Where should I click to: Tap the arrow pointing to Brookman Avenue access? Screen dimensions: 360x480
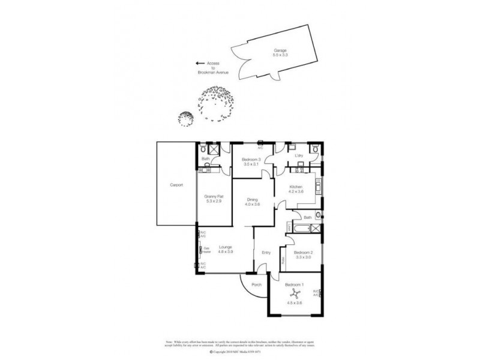coord(200,62)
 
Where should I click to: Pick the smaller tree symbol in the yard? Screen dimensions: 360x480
coord(187,118)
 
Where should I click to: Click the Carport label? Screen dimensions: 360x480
coord(176,185)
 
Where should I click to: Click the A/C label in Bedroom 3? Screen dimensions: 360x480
coord(260,148)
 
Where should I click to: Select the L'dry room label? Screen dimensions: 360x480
coord(298,156)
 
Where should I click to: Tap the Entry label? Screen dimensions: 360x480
coord(265,253)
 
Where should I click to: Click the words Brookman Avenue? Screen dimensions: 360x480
coord(214,72)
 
